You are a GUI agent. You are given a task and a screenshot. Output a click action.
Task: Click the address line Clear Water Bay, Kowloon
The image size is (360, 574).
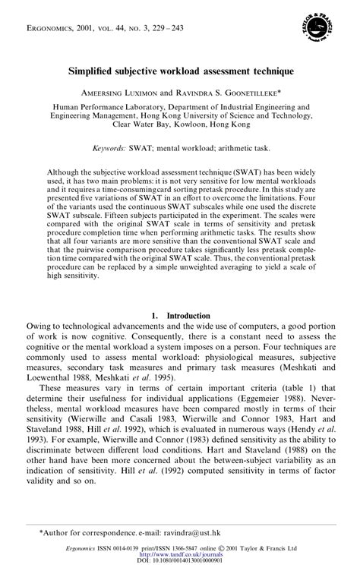179,124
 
